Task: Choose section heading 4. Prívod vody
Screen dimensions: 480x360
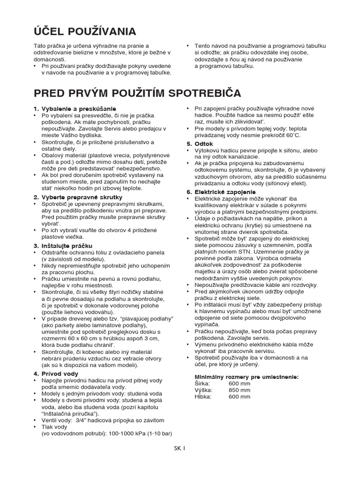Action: click(x=56, y=374)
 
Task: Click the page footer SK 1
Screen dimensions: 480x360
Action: click(x=180, y=448)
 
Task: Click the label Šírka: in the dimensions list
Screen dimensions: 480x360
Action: click(x=202, y=383)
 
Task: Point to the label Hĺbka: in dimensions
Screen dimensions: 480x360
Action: click(x=203, y=396)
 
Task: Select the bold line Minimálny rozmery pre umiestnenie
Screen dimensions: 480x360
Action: click(x=246, y=376)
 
